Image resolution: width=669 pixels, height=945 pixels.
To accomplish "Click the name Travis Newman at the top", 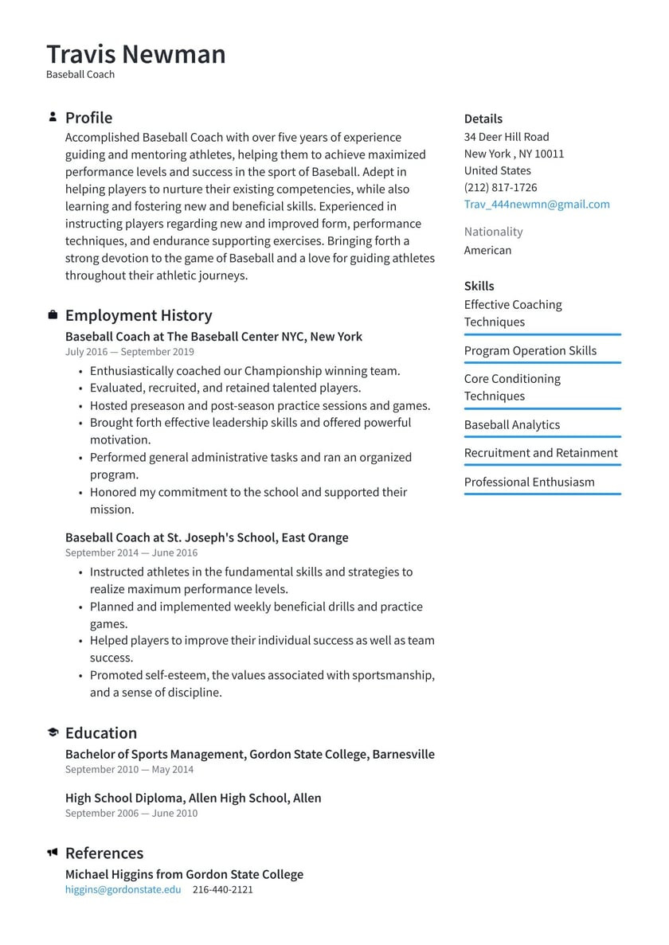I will point(135,54).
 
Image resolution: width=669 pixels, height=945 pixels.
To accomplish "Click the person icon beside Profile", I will point(53,117).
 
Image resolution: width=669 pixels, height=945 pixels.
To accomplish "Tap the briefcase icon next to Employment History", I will point(53,315).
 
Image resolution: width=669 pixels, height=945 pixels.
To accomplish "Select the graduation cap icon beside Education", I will point(53,732).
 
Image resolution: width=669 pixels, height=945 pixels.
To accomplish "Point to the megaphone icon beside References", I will point(53,853).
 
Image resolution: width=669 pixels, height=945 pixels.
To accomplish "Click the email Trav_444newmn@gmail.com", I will point(537,205).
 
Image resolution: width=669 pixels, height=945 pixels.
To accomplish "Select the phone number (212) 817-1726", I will point(500,188).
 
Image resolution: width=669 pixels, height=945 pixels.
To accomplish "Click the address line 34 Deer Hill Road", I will point(507,137).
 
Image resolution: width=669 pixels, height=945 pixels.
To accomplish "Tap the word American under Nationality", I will point(487,250).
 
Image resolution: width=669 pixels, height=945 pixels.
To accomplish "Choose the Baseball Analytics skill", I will point(512,425).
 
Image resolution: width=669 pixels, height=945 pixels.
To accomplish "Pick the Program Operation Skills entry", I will point(530,351).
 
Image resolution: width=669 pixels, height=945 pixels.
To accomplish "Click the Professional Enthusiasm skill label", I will point(529,482).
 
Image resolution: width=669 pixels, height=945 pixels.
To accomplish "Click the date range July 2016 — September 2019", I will point(129,352).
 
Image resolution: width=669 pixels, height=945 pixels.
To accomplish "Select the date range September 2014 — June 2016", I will point(131,553).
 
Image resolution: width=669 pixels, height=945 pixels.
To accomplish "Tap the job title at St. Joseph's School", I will point(206,537).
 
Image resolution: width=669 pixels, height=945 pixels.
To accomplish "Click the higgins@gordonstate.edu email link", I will point(123,889).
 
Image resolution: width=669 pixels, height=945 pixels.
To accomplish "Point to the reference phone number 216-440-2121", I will point(222,889).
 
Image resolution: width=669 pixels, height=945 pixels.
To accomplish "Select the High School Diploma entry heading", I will point(193,798).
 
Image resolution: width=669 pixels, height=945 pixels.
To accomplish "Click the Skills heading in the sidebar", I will point(479,286).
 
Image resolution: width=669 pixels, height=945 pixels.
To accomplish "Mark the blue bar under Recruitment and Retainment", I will point(542,466).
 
